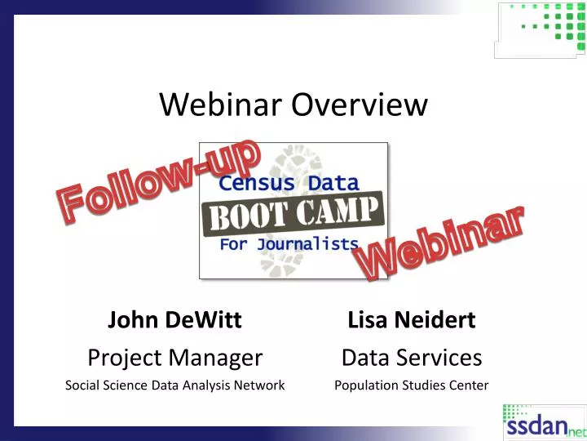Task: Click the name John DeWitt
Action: [174, 320]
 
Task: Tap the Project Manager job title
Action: [174, 357]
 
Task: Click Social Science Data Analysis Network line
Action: [174, 385]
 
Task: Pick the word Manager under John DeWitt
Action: [221, 357]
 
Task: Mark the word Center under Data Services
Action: [469, 385]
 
